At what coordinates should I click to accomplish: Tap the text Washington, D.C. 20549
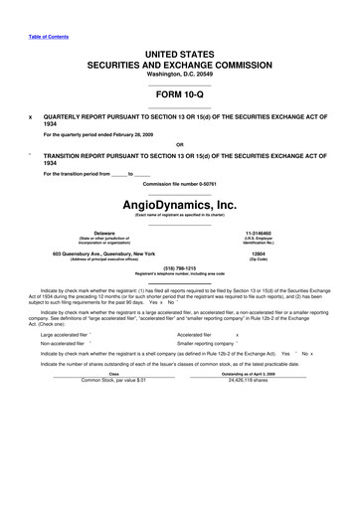pyautogui.click(x=180, y=74)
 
